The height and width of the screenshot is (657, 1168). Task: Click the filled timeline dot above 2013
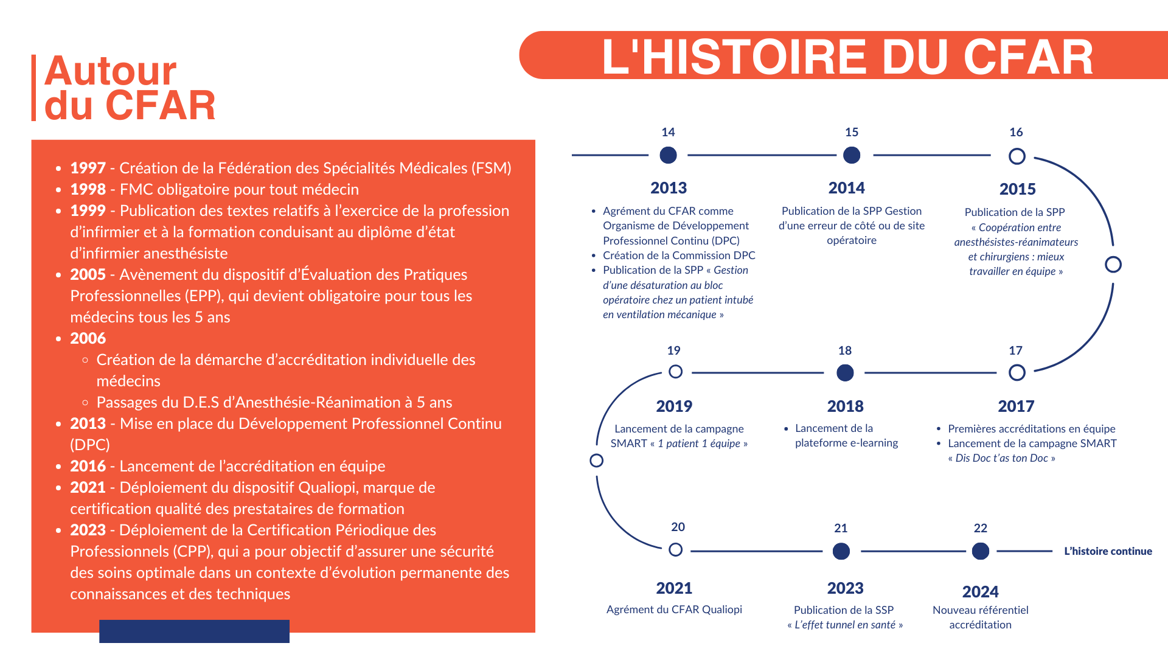(x=668, y=155)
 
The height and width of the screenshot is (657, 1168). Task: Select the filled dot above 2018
(x=845, y=373)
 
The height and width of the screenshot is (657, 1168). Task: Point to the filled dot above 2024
(x=981, y=551)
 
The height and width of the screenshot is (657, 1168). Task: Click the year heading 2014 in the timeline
(x=846, y=188)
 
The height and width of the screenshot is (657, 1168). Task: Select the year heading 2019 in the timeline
(x=674, y=406)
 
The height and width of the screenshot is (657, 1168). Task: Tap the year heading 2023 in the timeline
(x=845, y=588)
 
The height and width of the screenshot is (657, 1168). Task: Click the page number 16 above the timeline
(x=1016, y=132)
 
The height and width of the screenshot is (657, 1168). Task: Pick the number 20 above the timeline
(x=678, y=527)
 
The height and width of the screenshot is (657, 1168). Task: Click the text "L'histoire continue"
(x=1108, y=551)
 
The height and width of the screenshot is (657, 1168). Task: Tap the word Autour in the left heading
(x=110, y=71)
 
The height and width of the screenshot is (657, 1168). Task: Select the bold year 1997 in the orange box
(x=88, y=168)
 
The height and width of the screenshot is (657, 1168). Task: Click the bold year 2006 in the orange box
(x=88, y=338)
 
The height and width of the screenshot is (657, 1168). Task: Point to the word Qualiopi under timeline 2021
(x=722, y=610)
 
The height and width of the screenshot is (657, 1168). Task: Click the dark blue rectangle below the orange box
(x=194, y=631)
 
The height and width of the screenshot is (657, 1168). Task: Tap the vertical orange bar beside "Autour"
(x=34, y=88)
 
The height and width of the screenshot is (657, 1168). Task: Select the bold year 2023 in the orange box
(x=88, y=530)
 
